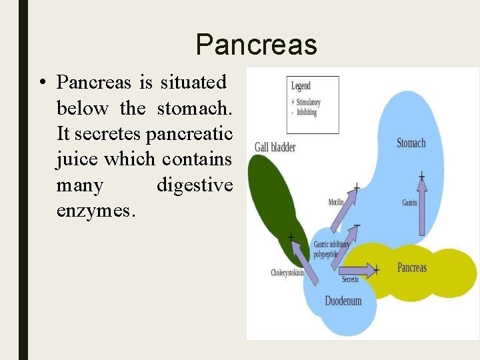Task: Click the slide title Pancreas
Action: pos(257,45)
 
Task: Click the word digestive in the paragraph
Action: pos(194,185)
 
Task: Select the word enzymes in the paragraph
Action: pos(96,211)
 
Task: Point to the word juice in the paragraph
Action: pos(77,160)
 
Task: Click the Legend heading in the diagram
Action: pos(301,86)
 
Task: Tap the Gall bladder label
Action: pos(275,147)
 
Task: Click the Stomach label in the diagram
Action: pos(411,143)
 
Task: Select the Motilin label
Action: pos(337,202)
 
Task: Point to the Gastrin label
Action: pos(409,202)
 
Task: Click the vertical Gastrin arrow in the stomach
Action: pos(421,207)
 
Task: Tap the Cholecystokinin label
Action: pos(287,272)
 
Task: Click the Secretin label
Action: pos(350,279)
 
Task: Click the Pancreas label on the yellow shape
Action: pos(411,267)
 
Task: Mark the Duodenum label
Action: pos(343,301)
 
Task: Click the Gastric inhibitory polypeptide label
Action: pos(331,249)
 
